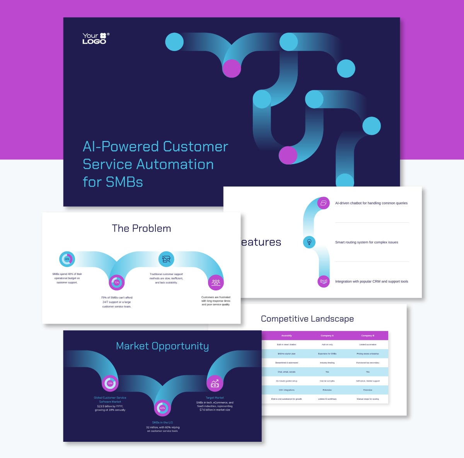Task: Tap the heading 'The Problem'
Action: point(142,228)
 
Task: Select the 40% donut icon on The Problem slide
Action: point(67,259)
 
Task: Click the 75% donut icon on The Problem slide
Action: point(116,283)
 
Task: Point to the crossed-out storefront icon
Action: point(166,259)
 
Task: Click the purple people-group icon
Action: point(216,282)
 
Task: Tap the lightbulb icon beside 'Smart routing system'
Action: point(309,242)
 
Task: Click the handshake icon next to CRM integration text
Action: point(324,281)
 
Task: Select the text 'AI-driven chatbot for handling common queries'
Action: point(371,203)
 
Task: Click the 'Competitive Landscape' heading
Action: point(307,319)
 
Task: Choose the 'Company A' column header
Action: point(327,336)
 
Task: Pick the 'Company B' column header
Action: point(368,336)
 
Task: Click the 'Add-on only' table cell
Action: point(327,344)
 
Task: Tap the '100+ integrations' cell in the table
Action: point(287,390)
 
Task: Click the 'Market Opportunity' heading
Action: point(162,346)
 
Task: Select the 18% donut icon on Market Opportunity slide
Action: point(110,383)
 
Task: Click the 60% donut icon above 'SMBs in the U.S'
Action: point(162,408)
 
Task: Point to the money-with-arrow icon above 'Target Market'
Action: point(215,383)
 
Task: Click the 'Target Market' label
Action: point(215,398)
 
